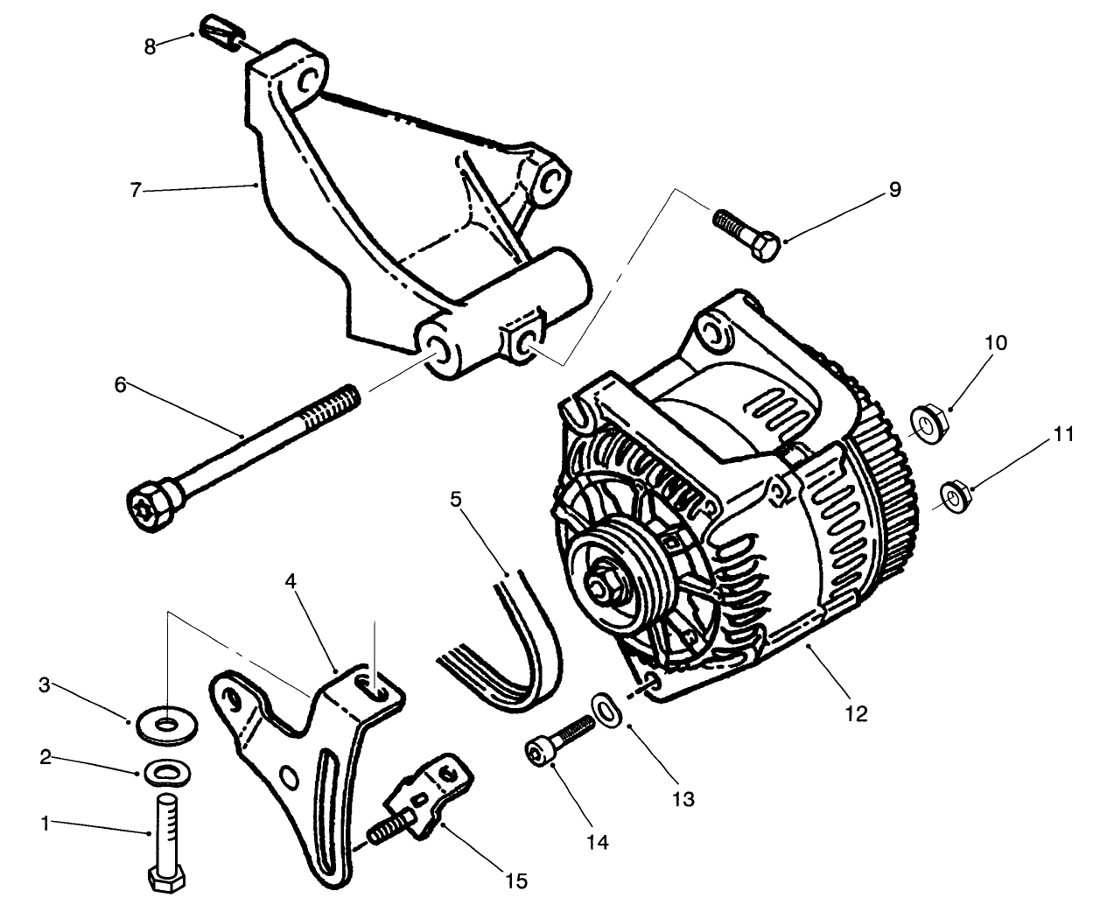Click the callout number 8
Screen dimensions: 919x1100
coord(150,46)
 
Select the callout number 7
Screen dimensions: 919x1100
coord(135,190)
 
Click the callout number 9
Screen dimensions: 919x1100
coord(894,190)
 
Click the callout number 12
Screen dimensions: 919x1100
coord(857,714)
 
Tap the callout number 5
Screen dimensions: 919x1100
coord(455,500)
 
